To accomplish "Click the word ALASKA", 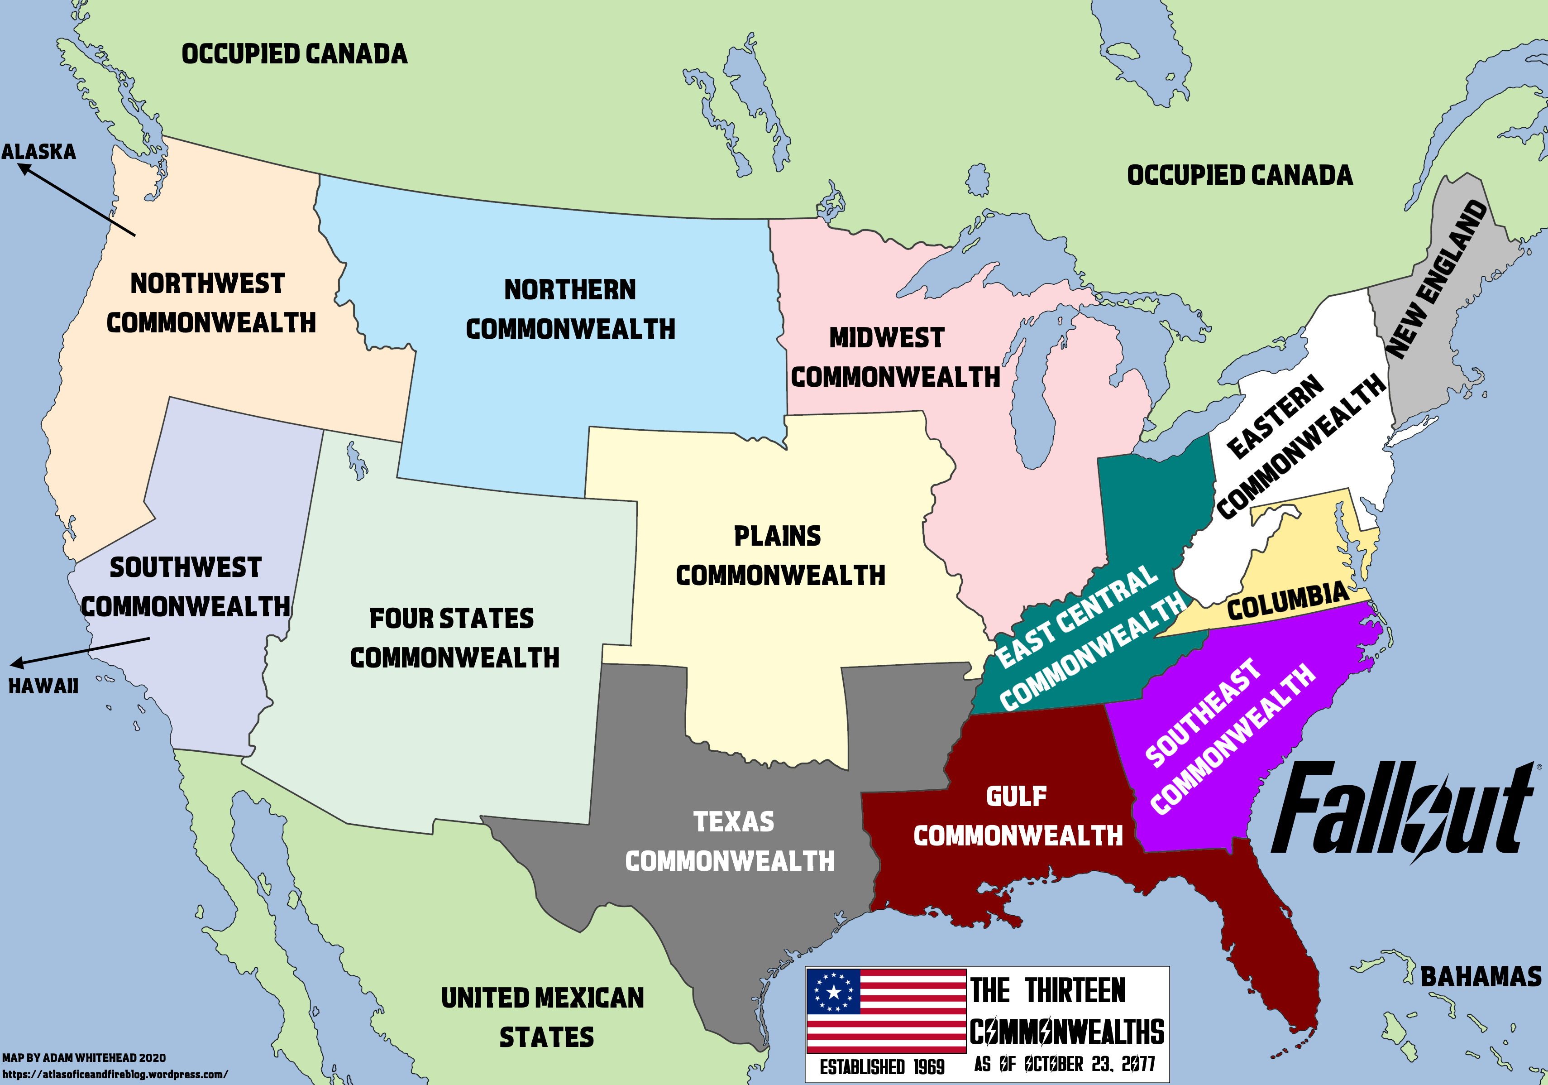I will (x=38, y=152).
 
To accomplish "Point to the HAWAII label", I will (x=43, y=687).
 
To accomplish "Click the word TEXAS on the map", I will (x=734, y=822).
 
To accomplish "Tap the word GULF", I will (x=1016, y=797).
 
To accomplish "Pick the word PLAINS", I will (x=777, y=537).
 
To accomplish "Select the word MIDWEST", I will (x=887, y=338).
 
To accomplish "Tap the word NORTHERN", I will (x=570, y=290).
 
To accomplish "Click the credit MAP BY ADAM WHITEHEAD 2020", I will (x=84, y=1058).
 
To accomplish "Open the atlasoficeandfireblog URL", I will (x=115, y=1074).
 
